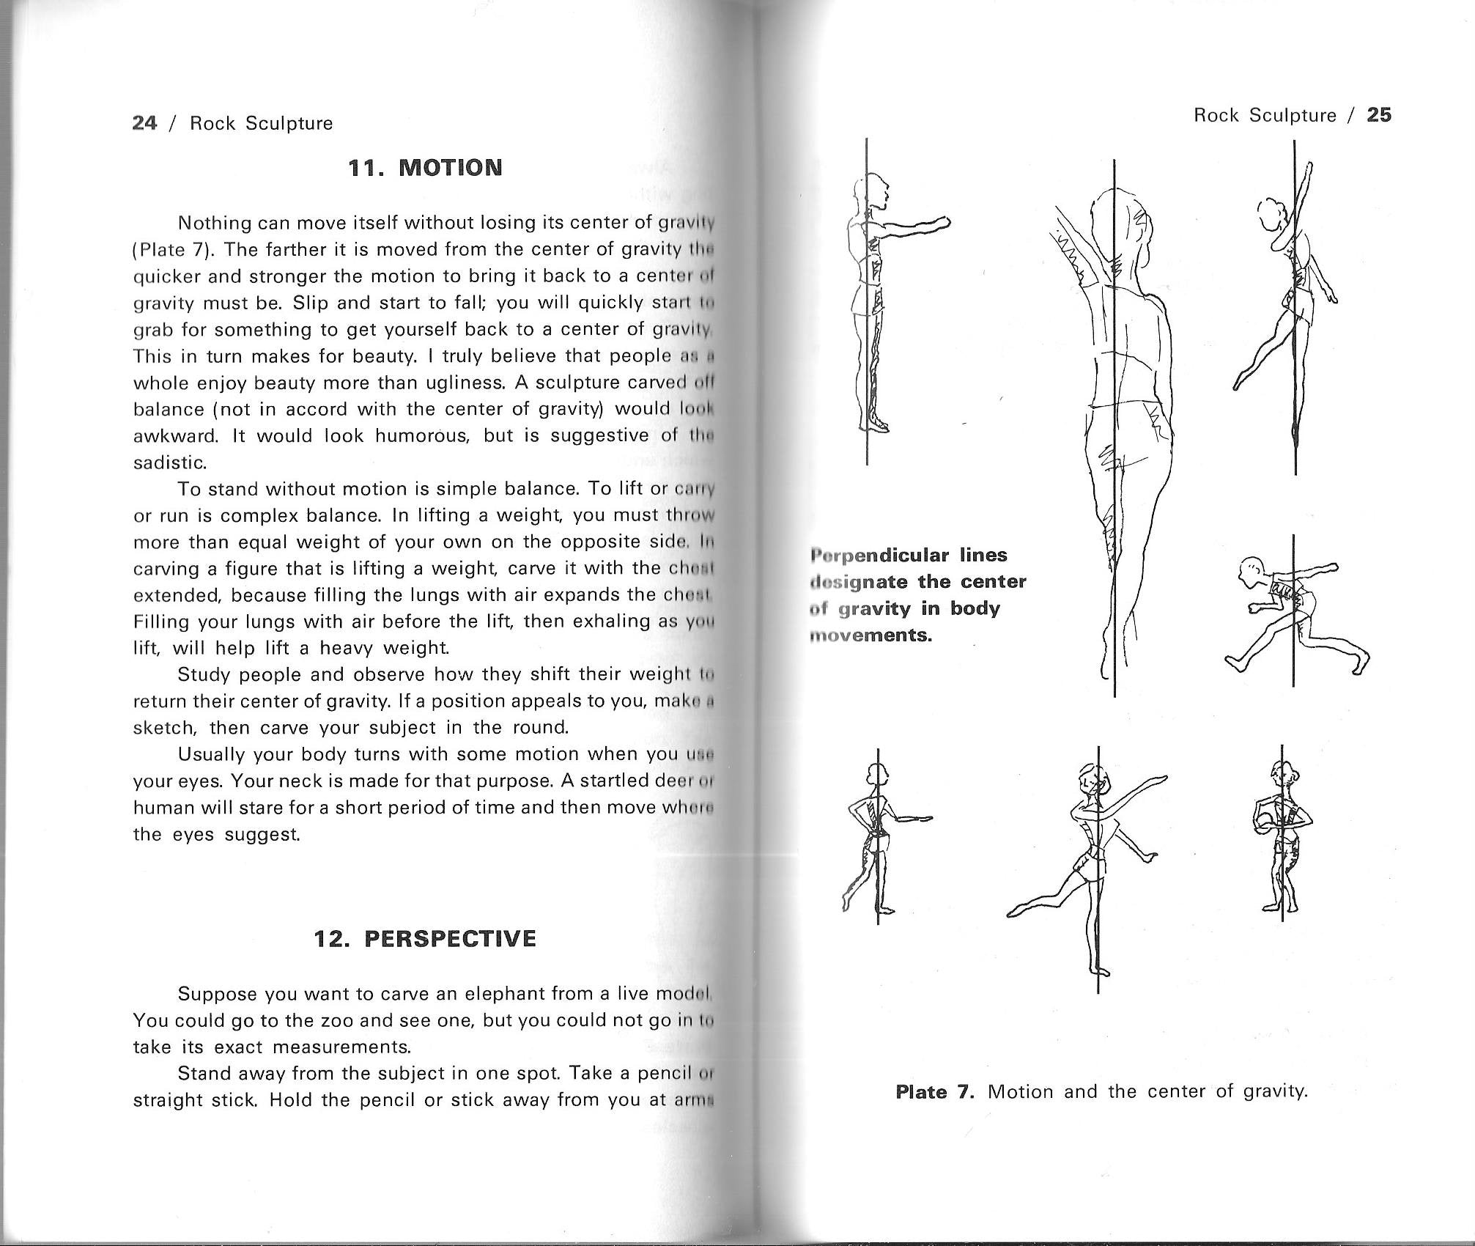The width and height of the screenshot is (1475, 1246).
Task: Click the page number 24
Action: tap(144, 122)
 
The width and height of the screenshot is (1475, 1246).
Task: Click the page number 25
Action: tap(1379, 115)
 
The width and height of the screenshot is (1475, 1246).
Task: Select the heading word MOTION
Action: tap(451, 168)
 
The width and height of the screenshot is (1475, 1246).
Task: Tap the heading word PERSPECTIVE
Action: tap(450, 938)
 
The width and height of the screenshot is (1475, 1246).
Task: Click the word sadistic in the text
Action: tap(170, 462)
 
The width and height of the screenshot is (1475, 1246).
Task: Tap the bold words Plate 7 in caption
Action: tap(934, 1091)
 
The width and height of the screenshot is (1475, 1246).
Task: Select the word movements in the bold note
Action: tap(870, 635)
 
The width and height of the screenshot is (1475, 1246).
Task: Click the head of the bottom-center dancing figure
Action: tap(1090, 781)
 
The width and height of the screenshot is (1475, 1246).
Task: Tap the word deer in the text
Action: tap(674, 780)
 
